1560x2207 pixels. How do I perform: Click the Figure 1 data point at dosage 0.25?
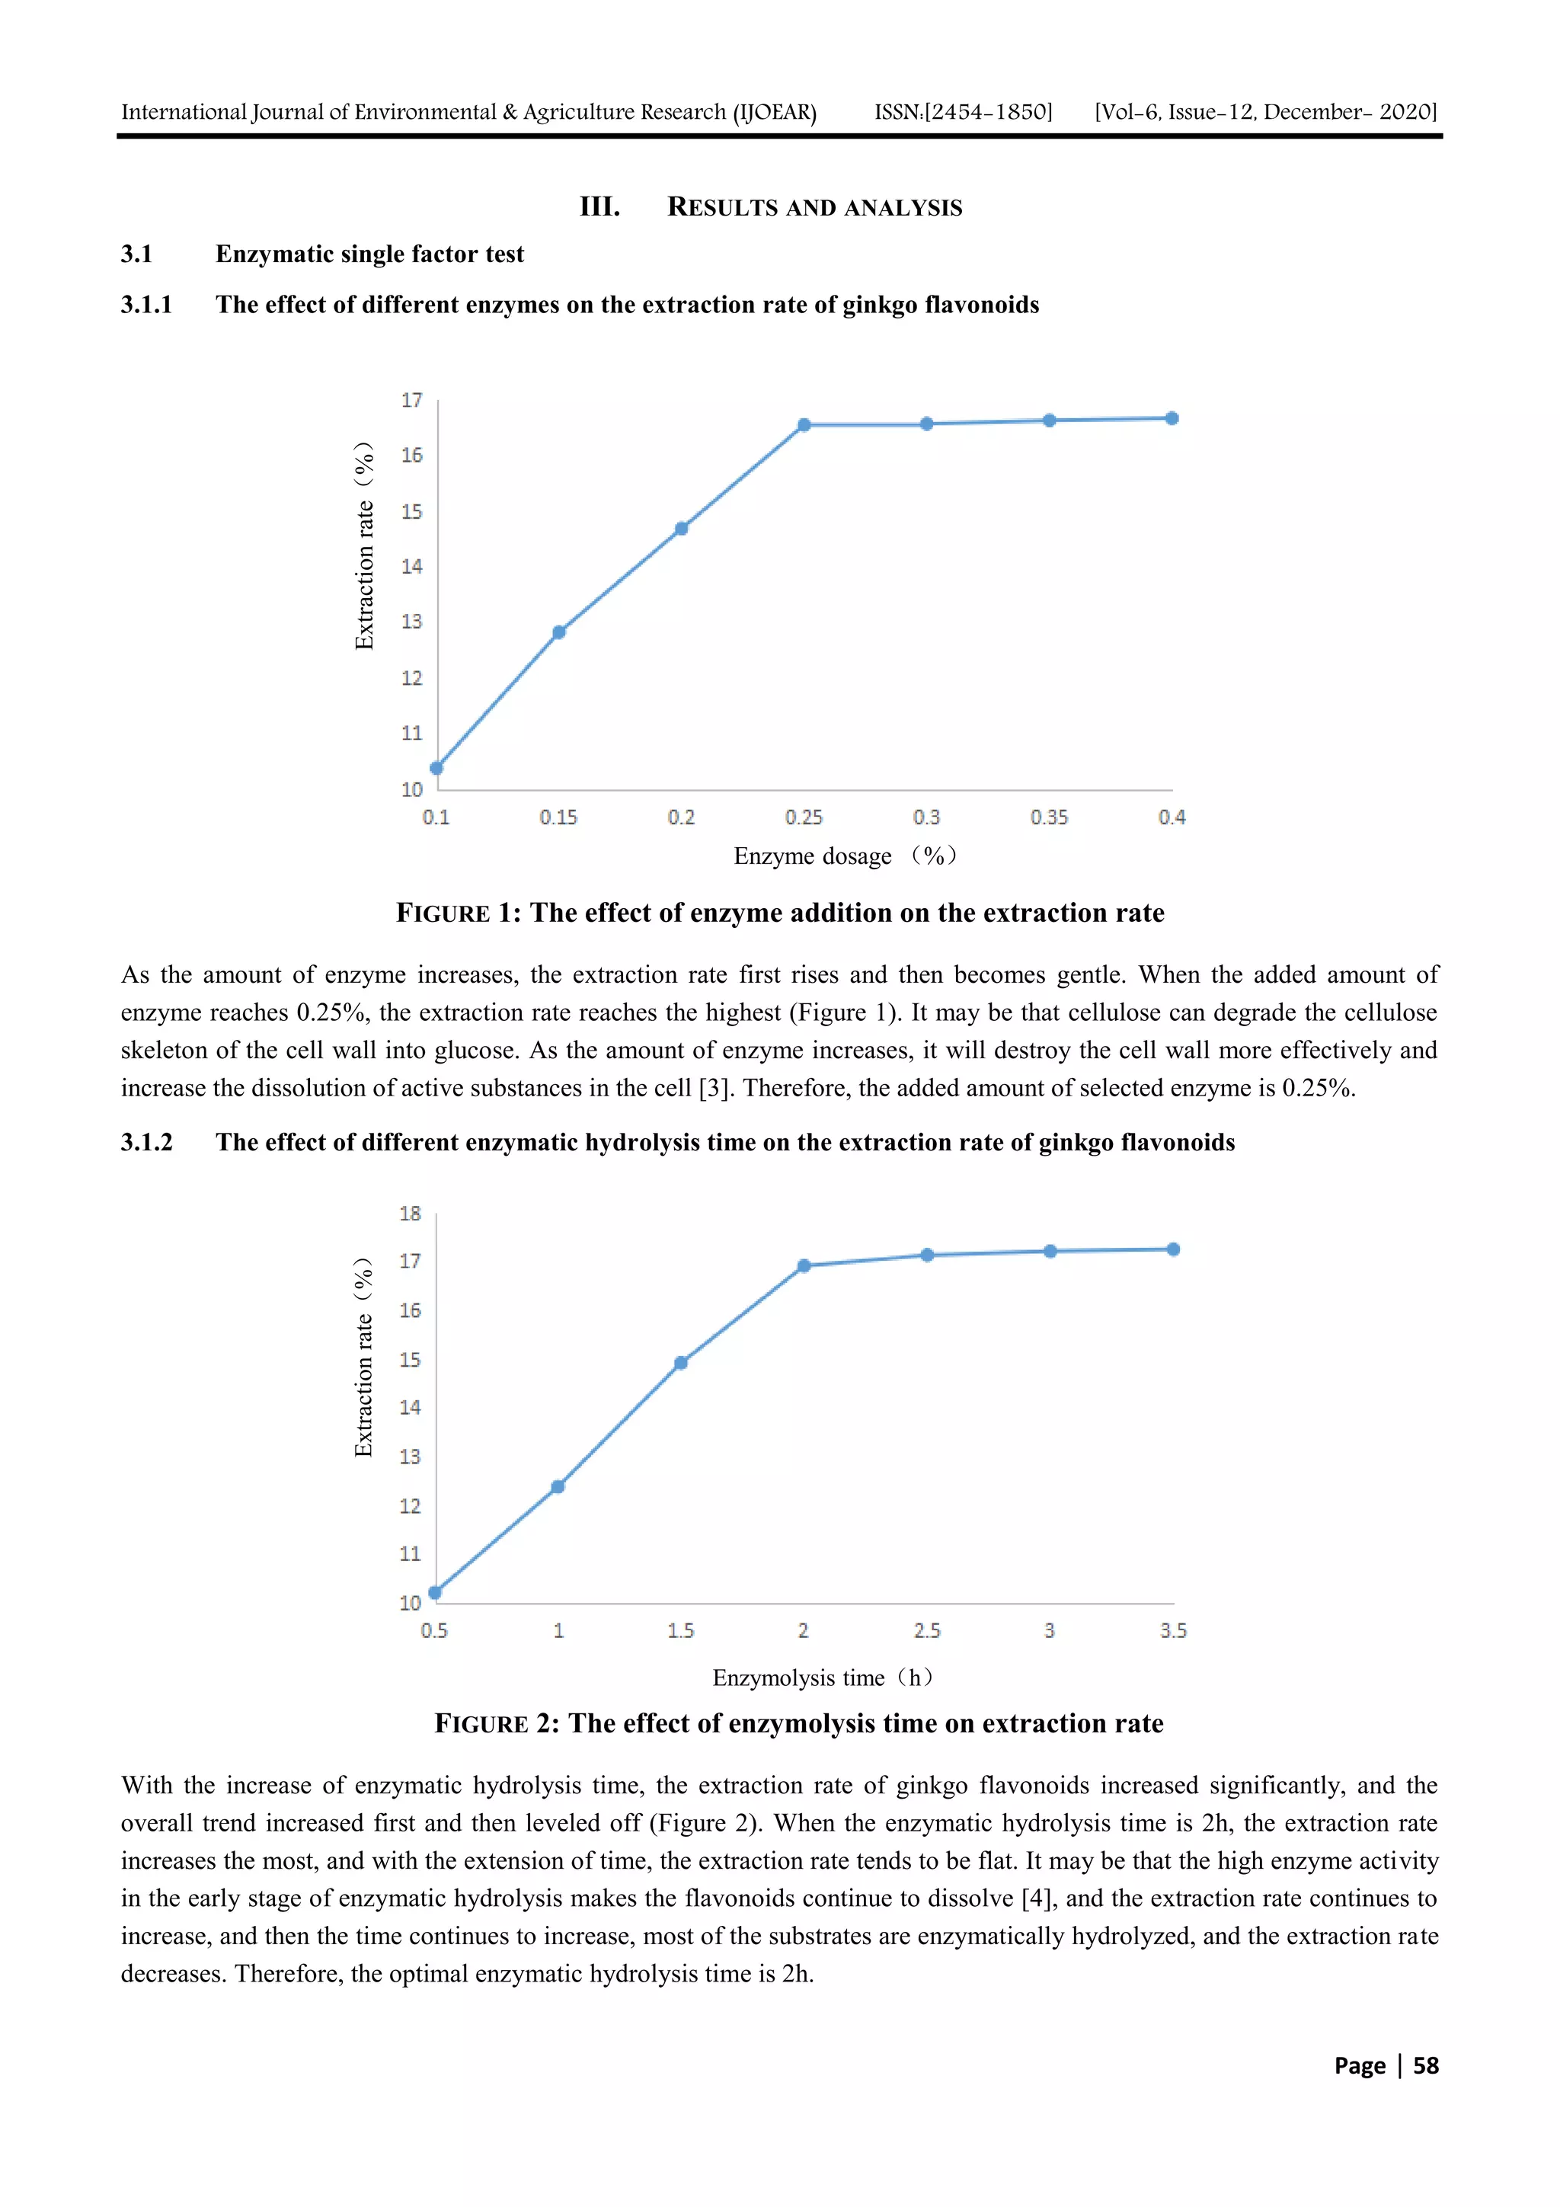(x=804, y=425)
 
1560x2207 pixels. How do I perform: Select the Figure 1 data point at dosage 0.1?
(x=436, y=768)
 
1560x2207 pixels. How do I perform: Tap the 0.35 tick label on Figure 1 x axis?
(x=1049, y=817)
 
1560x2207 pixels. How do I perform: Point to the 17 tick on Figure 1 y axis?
(x=411, y=400)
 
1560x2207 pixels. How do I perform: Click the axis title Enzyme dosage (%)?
(x=845, y=856)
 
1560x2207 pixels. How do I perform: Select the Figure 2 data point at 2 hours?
(x=804, y=1266)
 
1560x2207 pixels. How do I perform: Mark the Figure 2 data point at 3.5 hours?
(x=1172, y=1249)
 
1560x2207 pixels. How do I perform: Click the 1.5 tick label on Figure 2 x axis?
(x=680, y=1630)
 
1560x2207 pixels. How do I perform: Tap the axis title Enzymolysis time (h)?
(x=823, y=1678)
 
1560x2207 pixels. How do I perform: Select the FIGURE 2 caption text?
(x=799, y=1723)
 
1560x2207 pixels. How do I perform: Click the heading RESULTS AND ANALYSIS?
(x=814, y=208)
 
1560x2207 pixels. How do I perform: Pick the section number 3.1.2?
(x=146, y=1142)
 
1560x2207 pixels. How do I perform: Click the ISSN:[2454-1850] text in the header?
(x=963, y=113)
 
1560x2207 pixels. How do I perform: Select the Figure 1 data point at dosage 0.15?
(x=559, y=632)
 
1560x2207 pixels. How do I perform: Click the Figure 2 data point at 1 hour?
(x=558, y=1487)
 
